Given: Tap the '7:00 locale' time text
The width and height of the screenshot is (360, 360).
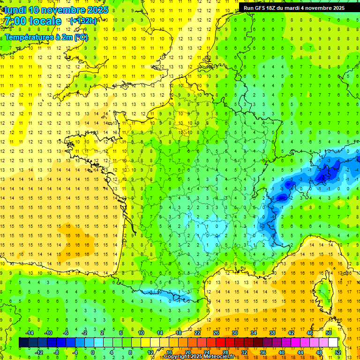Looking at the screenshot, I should pos(33,21).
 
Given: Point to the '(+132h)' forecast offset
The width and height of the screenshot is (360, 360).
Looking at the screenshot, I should pos(83,21).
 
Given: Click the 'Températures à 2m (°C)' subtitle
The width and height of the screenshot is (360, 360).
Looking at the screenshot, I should pos(46,37).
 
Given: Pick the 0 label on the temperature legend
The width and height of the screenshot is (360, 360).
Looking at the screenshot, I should pos(93,352).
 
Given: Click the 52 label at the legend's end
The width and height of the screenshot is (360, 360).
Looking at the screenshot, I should pos(338,352).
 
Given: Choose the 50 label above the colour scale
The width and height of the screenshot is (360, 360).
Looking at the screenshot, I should pos(329,333).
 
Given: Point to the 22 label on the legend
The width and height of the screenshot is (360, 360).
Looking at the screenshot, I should pos(197,333).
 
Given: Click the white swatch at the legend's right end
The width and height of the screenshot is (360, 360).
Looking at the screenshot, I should pos(333,342).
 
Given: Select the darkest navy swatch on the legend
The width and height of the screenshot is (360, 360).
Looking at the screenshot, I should pos(23,342).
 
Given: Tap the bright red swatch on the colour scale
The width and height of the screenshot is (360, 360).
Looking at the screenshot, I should pos(220,342).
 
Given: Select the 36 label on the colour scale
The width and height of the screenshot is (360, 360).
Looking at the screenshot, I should pos(263,352).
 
